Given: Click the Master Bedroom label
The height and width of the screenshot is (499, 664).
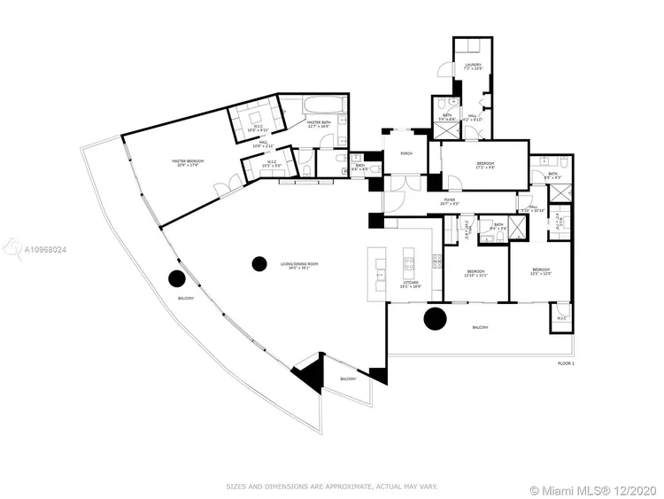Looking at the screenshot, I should pyautogui.click(x=188, y=163).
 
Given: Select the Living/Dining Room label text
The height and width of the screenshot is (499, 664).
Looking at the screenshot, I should pyautogui.click(x=300, y=266).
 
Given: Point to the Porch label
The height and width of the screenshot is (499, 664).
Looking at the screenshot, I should pyautogui.click(x=405, y=154).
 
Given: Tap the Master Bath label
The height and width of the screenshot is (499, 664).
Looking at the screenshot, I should pyautogui.click(x=318, y=126).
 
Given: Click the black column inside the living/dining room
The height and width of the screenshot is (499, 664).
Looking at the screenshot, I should pyautogui.click(x=259, y=263).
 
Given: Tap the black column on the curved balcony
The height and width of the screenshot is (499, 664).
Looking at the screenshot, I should pyautogui.click(x=177, y=279).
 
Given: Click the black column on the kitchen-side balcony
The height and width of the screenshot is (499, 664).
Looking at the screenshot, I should pyautogui.click(x=435, y=318).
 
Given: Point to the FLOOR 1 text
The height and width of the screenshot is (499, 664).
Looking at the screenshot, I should pyautogui.click(x=566, y=364).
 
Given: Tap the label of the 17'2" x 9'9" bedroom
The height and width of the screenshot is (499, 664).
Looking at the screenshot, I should pyautogui.click(x=486, y=166).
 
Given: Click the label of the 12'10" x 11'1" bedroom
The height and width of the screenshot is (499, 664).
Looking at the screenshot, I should pyautogui.click(x=476, y=273).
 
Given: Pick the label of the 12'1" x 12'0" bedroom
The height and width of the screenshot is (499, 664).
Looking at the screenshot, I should pyautogui.click(x=541, y=271).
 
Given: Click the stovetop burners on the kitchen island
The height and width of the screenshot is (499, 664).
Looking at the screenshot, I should pyautogui.click(x=410, y=263).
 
